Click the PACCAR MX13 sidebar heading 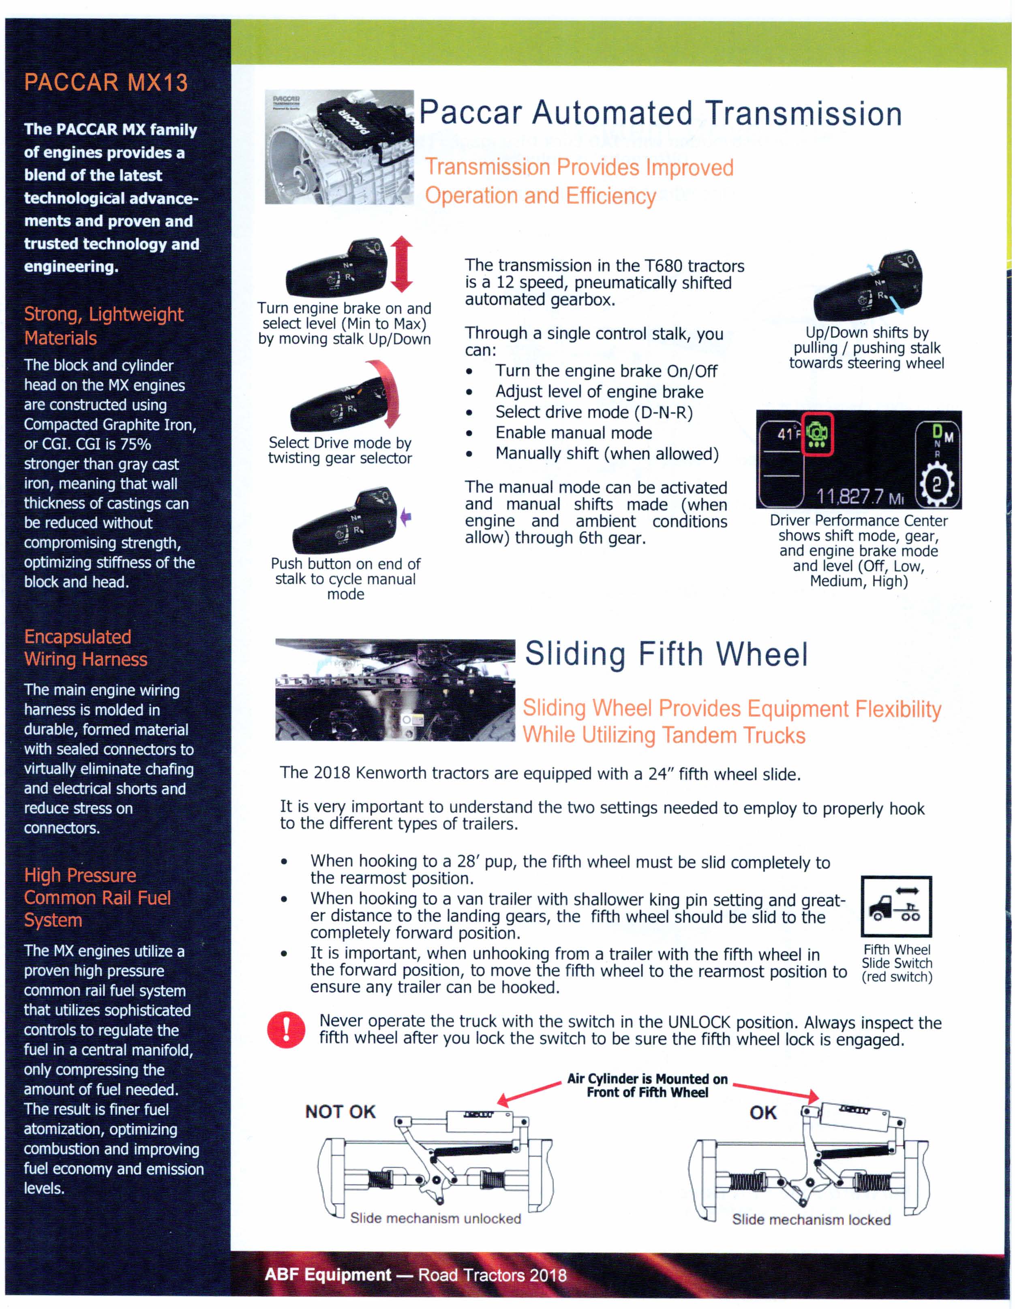(105, 83)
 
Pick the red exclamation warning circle (287, 1029)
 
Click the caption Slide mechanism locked (811, 1220)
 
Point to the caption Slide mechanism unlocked (436, 1219)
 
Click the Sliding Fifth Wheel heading (666, 654)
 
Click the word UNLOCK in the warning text (699, 1022)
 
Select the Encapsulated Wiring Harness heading (85, 648)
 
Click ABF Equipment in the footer (328, 1274)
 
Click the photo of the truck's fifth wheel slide (395, 690)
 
